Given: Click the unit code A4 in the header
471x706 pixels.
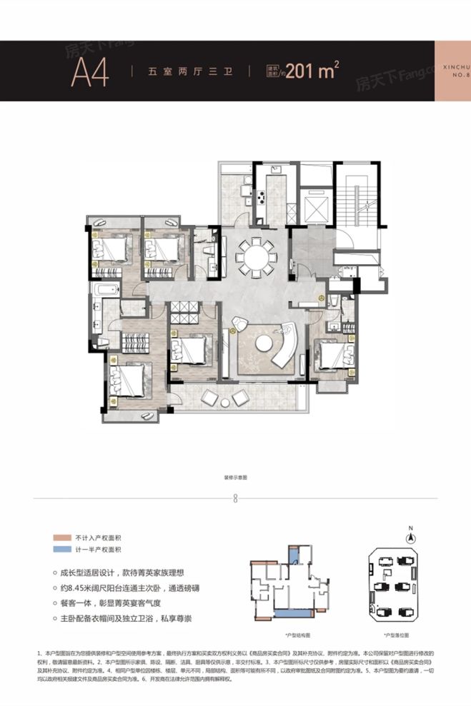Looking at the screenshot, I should pyautogui.click(x=87, y=72).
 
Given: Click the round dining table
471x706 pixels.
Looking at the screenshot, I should pyautogui.click(x=256, y=254).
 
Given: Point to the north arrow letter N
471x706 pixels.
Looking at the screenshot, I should pyautogui.click(x=411, y=529).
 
